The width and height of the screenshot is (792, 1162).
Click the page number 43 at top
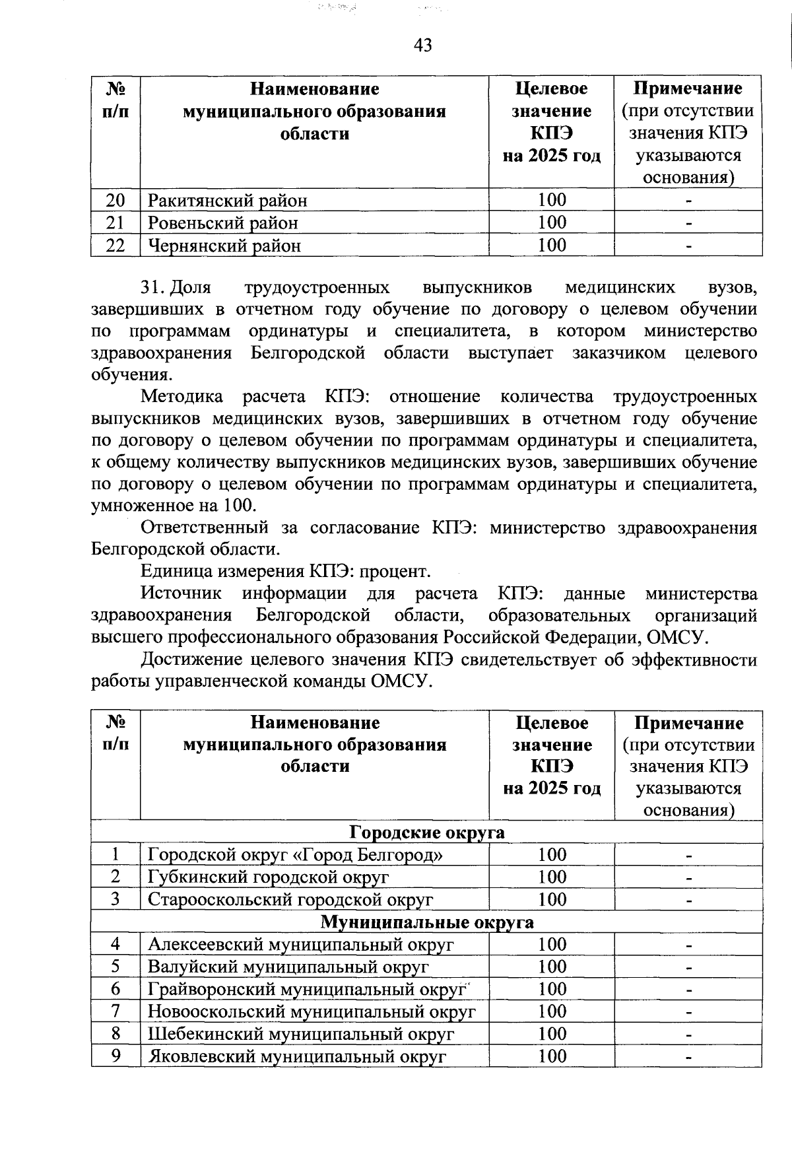coord(422,45)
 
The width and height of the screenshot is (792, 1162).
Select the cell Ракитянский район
coord(228,200)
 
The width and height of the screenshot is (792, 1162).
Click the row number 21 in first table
coord(115,222)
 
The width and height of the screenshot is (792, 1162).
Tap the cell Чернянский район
coord(224,246)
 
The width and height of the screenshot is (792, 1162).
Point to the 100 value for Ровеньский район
coord(552,222)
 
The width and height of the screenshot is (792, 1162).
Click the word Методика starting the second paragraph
coord(181,397)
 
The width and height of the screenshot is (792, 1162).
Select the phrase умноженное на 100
coord(173,506)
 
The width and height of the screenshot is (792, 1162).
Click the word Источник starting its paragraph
coord(181,594)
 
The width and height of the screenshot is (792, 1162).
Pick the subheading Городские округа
coord(426,832)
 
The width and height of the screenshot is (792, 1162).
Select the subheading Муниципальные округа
coord(427,922)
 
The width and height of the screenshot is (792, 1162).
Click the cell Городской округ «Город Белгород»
coord(295,855)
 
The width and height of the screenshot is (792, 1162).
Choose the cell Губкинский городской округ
coord(268,877)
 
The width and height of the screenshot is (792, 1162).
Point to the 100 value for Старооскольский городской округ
coord(552,899)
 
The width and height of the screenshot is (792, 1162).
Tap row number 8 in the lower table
coord(115,1034)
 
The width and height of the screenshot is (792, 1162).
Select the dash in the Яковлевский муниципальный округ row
coord(688,1056)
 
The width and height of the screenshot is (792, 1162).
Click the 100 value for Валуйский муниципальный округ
coord(552,967)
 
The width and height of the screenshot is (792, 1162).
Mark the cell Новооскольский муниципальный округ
coord(311,1011)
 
